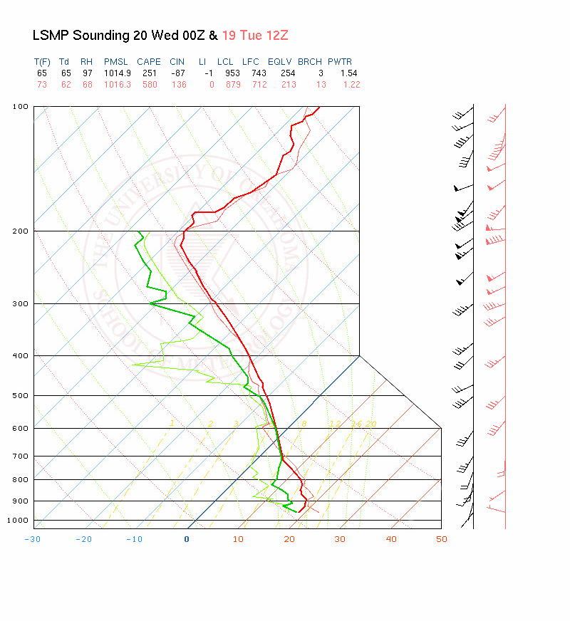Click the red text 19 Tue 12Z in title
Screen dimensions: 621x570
coord(254,36)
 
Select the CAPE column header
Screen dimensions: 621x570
coord(149,62)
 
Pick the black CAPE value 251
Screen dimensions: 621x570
coord(149,73)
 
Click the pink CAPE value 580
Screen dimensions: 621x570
coord(149,85)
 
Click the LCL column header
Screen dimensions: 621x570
coord(226,62)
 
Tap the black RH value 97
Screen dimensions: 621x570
coord(86,73)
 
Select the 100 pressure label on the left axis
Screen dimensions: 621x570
coord(21,107)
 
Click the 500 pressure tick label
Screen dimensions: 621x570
coord(21,395)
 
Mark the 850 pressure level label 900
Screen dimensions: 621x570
coord(21,501)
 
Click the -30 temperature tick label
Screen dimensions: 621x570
coord(32,539)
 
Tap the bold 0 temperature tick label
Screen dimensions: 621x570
coord(187,539)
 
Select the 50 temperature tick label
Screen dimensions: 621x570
coord(442,539)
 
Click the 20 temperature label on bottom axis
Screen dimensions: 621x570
coord(289,539)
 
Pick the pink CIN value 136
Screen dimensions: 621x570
coord(178,85)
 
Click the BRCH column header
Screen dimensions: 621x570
coord(310,62)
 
